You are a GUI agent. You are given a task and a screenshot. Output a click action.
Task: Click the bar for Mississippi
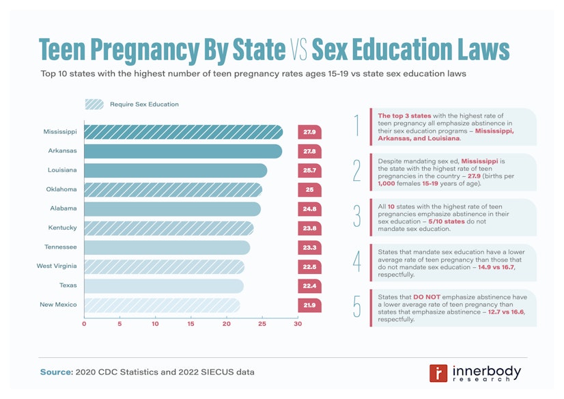click(183, 132)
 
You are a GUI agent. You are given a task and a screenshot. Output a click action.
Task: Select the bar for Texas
click(163, 286)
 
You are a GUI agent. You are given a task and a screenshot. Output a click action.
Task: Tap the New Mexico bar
click(162, 305)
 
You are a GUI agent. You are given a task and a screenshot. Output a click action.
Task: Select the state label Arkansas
click(62, 150)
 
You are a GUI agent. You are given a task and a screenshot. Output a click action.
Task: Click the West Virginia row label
click(57, 266)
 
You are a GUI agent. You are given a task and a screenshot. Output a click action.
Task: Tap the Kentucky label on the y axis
click(62, 228)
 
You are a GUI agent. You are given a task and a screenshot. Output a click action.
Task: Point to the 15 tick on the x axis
click(191, 324)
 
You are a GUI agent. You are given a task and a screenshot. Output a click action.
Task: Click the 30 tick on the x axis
click(298, 324)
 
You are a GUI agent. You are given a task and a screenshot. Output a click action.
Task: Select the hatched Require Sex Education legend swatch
click(94, 105)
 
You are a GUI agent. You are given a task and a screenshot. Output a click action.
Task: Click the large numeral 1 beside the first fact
click(356, 126)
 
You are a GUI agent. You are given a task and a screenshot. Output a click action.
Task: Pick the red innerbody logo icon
click(438, 373)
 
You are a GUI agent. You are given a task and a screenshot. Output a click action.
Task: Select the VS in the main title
click(298, 51)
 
